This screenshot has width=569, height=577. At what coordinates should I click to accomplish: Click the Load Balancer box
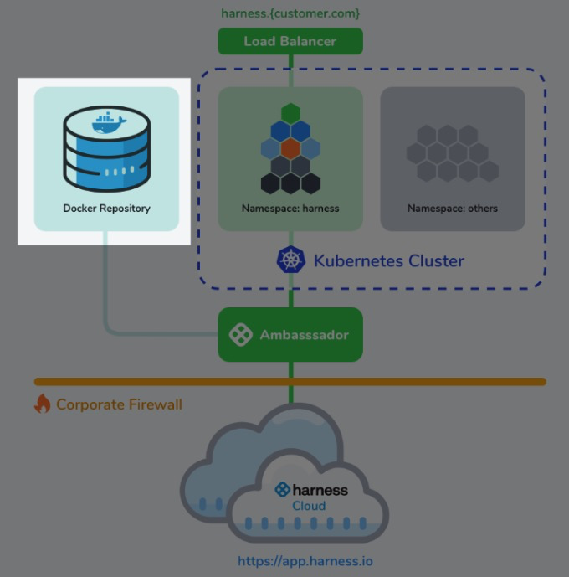[x=290, y=41]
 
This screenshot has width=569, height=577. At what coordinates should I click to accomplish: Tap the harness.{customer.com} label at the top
[x=290, y=13]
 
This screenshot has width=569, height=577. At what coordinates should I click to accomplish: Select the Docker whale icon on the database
[x=109, y=122]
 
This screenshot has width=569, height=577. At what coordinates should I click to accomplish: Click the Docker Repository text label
[x=106, y=209]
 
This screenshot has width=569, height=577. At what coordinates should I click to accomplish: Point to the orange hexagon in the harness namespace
[x=290, y=148]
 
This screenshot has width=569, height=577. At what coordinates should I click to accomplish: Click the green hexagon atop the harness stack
[x=290, y=113]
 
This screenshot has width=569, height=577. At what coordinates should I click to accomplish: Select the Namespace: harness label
[x=290, y=209]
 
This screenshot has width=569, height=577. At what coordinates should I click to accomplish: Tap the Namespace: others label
[x=453, y=209]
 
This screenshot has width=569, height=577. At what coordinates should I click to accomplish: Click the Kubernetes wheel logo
[x=290, y=260]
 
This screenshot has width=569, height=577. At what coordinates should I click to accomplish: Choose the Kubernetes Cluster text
[x=389, y=261]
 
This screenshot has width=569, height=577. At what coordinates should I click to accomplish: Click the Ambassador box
[x=290, y=334]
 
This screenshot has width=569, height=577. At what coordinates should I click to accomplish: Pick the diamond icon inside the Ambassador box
[x=241, y=334]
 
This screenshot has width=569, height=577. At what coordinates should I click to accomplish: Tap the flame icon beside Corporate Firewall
[x=43, y=404]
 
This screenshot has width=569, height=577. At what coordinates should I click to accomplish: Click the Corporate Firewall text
[x=119, y=404]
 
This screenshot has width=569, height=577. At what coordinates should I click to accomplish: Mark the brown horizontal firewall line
[x=290, y=382]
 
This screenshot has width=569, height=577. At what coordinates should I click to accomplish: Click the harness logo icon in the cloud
[x=283, y=489]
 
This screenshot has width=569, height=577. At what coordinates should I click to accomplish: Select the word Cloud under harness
[x=309, y=506]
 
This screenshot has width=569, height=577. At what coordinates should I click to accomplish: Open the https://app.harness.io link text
[x=305, y=561]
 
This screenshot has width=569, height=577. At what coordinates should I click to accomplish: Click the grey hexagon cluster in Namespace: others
[x=453, y=153]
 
